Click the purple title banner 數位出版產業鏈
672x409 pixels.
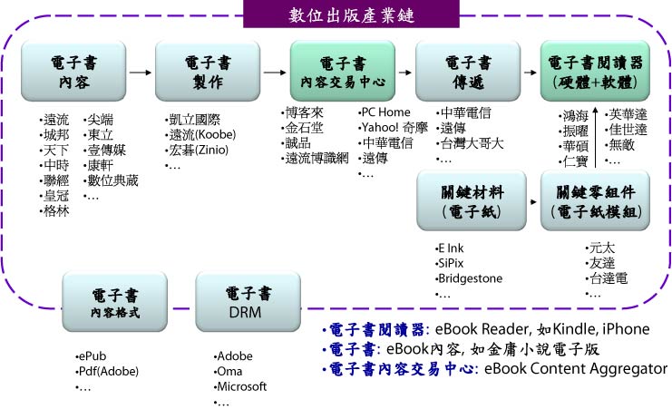click(x=351, y=15)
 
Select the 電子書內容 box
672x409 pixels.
click(x=73, y=71)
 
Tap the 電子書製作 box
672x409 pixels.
click(x=208, y=71)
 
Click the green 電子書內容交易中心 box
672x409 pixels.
click(x=343, y=71)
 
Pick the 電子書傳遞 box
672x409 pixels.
click(x=468, y=71)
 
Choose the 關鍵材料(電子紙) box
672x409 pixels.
click(x=472, y=200)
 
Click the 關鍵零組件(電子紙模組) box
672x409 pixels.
click(x=595, y=200)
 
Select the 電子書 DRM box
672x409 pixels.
click(x=248, y=302)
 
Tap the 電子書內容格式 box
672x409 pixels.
click(x=115, y=302)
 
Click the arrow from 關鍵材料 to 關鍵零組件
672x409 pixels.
click(x=533, y=201)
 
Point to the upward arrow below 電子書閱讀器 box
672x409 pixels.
click(x=595, y=137)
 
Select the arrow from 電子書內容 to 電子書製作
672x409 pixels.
click(x=141, y=73)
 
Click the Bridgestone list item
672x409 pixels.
click(x=470, y=278)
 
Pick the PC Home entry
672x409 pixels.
click(x=385, y=112)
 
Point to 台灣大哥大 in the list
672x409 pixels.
click(x=472, y=143)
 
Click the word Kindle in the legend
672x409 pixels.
click(x=573, y=329)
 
